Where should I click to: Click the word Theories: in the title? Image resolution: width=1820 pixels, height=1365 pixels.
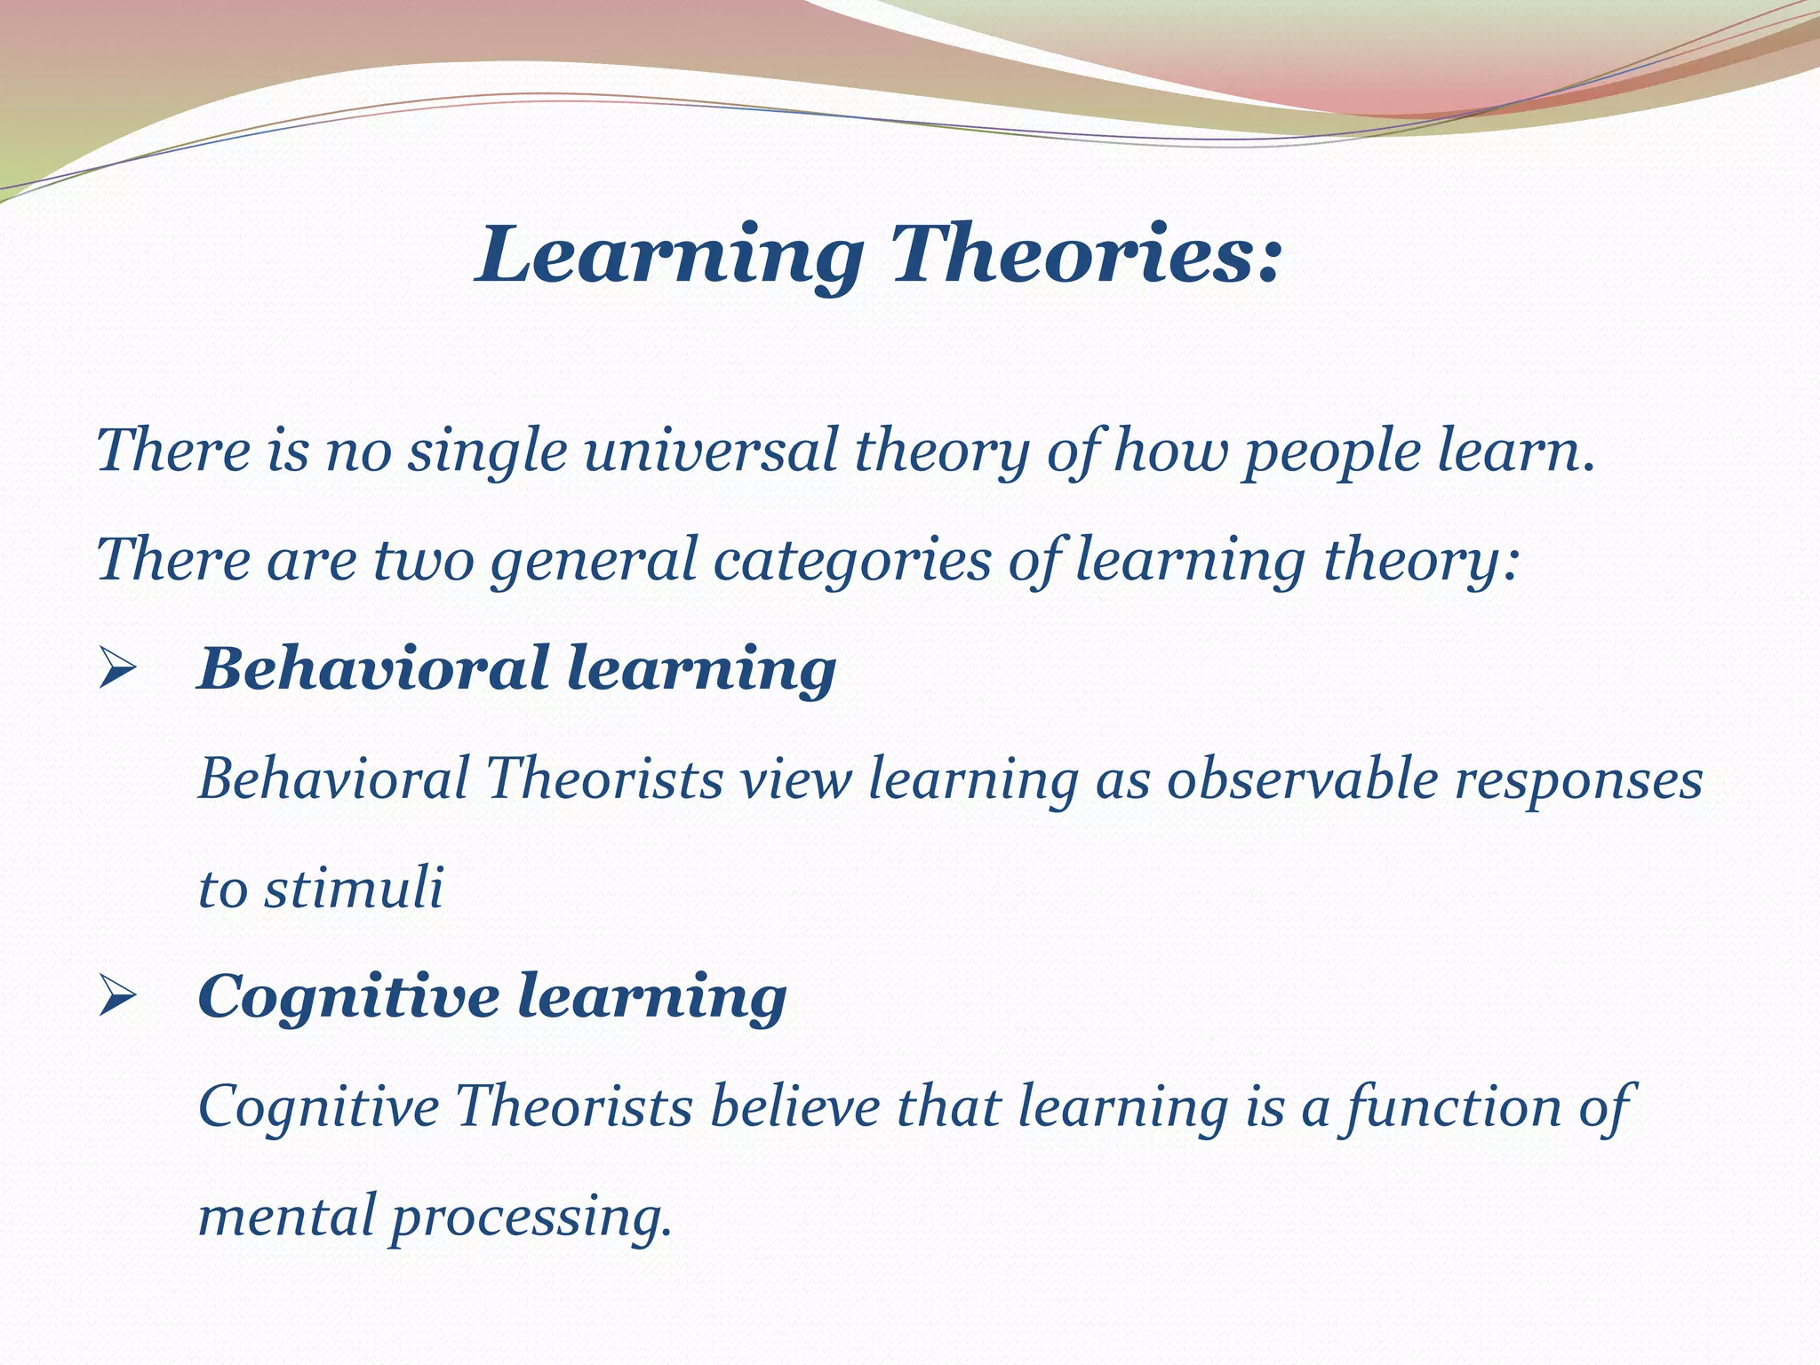pyautogui.click(x=1086, y=254)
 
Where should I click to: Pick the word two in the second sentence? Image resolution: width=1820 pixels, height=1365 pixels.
pyautogui.click(x=423, y=560)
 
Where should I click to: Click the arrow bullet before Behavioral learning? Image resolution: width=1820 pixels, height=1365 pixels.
pyautogui.click(x=116, y=668)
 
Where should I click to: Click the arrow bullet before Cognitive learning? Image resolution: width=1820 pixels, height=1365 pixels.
pyautogui.click(x=116, y=996)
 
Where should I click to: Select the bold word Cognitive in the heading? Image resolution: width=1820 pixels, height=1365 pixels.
pyautogui.click(x=347, y=996)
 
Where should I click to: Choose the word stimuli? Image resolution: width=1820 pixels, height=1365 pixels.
pyautogui.click(x=353, y=888)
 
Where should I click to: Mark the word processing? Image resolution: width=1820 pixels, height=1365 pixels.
pyautogui.click(x=531, y=1217)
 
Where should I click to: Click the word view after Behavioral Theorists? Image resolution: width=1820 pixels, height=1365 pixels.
pyautogui.click(x=796, y=778)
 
